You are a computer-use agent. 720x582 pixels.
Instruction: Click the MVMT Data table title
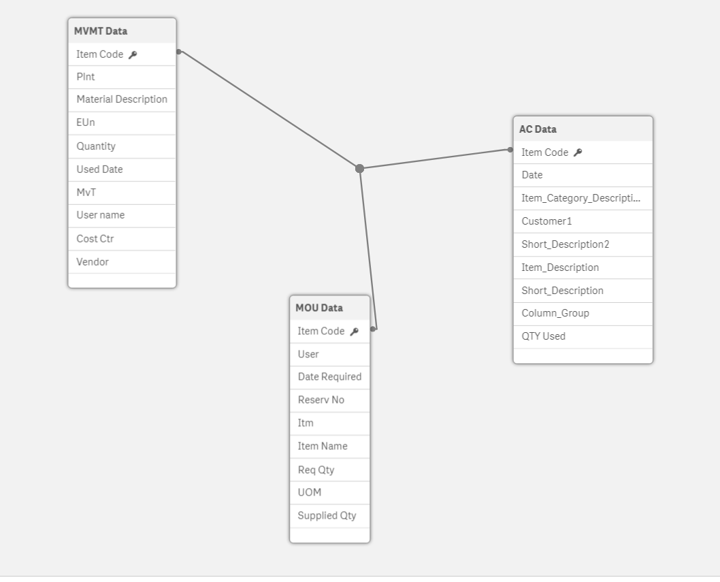point(101,31)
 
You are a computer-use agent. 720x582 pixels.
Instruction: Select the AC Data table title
point(538,129)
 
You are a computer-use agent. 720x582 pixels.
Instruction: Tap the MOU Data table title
point(319,308)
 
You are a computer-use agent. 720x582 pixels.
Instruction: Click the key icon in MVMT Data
point(133,54)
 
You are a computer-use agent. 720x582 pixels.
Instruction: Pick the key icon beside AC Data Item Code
point(578,152)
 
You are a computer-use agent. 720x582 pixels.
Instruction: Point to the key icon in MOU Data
point(354,332)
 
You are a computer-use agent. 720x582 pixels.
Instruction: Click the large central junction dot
point(359,169)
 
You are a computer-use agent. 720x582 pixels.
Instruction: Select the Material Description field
point(122,99)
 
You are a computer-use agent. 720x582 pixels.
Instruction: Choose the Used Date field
point(99,169)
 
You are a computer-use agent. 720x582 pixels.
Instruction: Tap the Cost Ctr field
point(95,239)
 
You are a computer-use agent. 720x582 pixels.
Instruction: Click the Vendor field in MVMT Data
point(93,262)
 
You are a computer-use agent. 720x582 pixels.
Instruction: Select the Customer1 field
point(546,221)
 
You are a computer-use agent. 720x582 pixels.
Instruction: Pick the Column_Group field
point(555,313)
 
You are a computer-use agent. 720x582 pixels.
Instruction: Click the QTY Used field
point(543,336)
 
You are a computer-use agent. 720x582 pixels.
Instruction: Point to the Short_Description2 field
point(566,244)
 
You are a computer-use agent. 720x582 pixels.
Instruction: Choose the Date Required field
point(329,376)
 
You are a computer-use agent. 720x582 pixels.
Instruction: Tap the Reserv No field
point(321,400)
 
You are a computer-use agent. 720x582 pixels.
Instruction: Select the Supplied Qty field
point(327,515)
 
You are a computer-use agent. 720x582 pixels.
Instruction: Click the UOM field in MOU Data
point(310,492)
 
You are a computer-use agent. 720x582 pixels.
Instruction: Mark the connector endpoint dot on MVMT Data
point(178,52)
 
